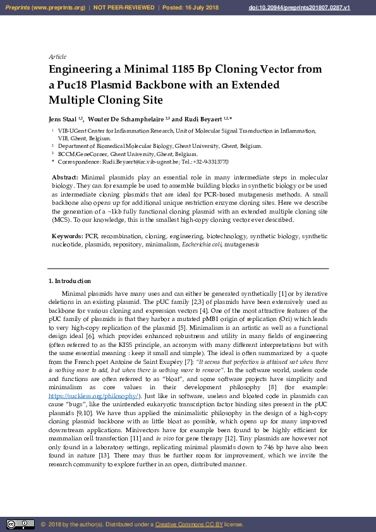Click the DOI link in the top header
[326, 8]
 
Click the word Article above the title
[58, 57]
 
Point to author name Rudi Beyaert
[204, 119]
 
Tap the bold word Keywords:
[68, 236]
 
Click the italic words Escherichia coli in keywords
[202, 244]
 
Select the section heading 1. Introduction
[70, 281]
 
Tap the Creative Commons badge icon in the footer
[20, 524]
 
